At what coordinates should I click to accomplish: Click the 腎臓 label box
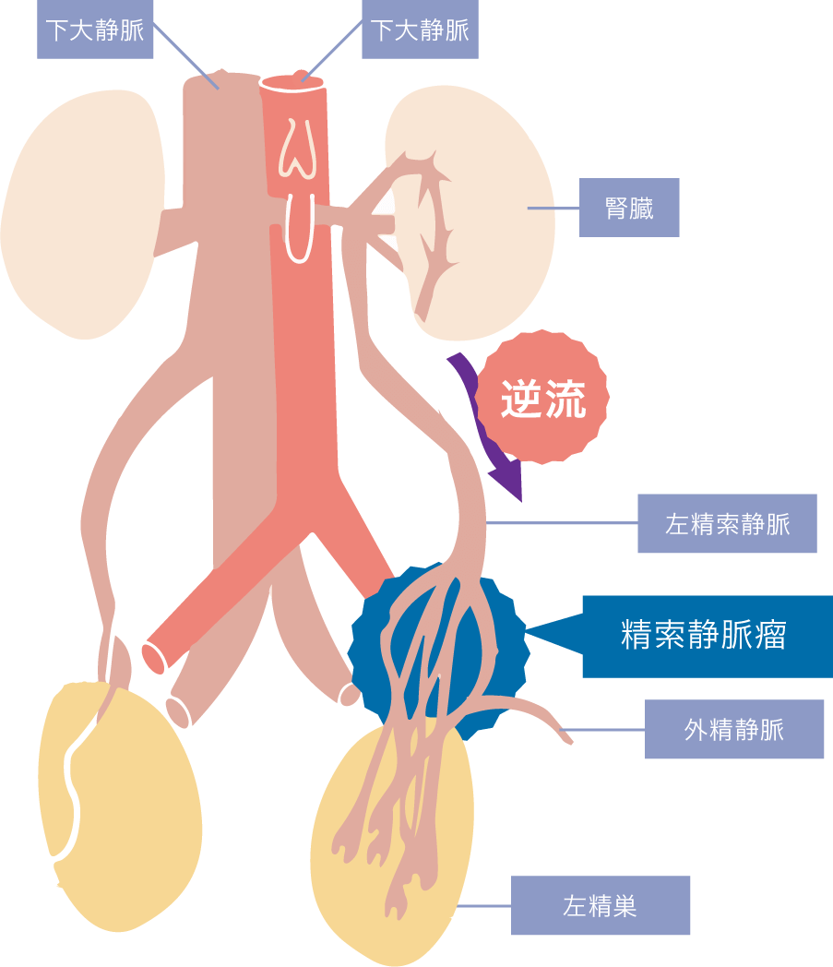(629, 208)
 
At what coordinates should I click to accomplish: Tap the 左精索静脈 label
(727, 523)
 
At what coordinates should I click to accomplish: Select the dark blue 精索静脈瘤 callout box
(707, 636)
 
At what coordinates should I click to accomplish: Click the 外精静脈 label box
(734, 729)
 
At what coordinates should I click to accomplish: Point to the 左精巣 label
(601, 905)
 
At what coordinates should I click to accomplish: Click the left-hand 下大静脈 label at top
(95, 30)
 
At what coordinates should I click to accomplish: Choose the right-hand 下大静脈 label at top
(420, 30)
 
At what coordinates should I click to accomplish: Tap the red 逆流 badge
(542, 399)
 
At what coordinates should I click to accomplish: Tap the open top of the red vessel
(293, 82)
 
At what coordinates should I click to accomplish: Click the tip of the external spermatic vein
(565, 735)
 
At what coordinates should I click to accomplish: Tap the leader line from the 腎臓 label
(553, 209)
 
